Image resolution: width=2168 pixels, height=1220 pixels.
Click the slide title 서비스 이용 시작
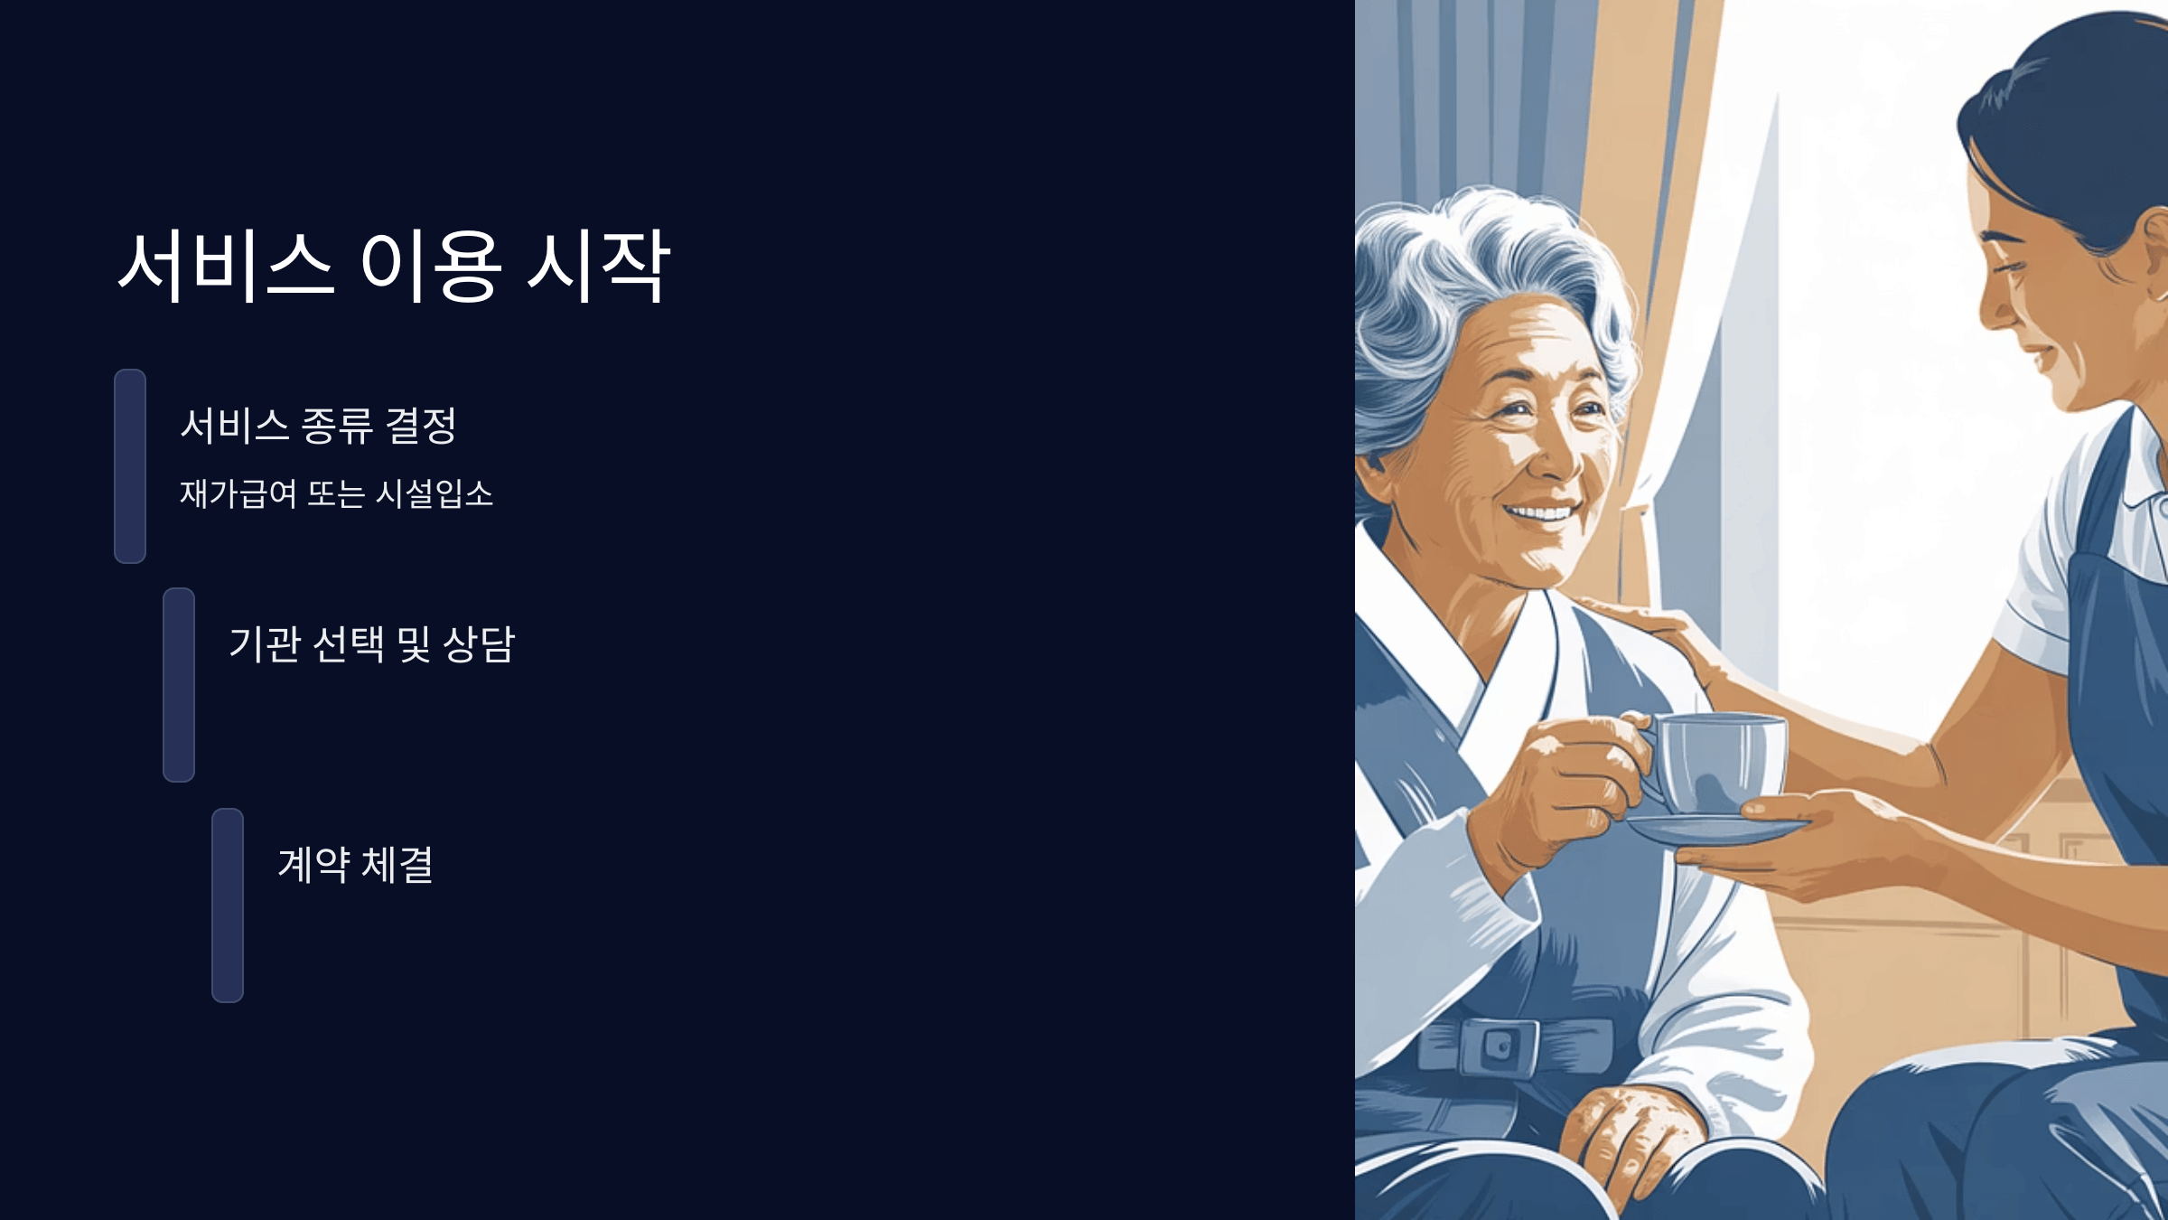click(394, 266)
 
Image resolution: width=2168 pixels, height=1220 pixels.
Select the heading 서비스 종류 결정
click(318, 426)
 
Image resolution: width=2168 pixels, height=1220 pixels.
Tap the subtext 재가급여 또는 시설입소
click(336, 493)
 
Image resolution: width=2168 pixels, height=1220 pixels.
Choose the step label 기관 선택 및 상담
click(371, 644)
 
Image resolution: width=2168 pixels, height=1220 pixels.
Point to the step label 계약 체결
click(355, 865)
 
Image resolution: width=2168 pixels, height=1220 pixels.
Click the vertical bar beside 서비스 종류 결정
click(130, 465)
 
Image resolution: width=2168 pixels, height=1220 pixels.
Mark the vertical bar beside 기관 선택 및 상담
click(179, 684)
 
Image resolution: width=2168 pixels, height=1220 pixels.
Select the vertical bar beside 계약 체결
click(228, 905)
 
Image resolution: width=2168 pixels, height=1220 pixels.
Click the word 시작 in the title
click(598, 266)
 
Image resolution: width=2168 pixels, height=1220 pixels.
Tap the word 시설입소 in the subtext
click(435, 493)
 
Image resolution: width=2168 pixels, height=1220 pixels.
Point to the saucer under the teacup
click(1716, 830)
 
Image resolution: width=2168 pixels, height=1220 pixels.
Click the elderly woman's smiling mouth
click(1541, 513)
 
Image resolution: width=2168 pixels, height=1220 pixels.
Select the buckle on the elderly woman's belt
click(1494, 1046)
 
